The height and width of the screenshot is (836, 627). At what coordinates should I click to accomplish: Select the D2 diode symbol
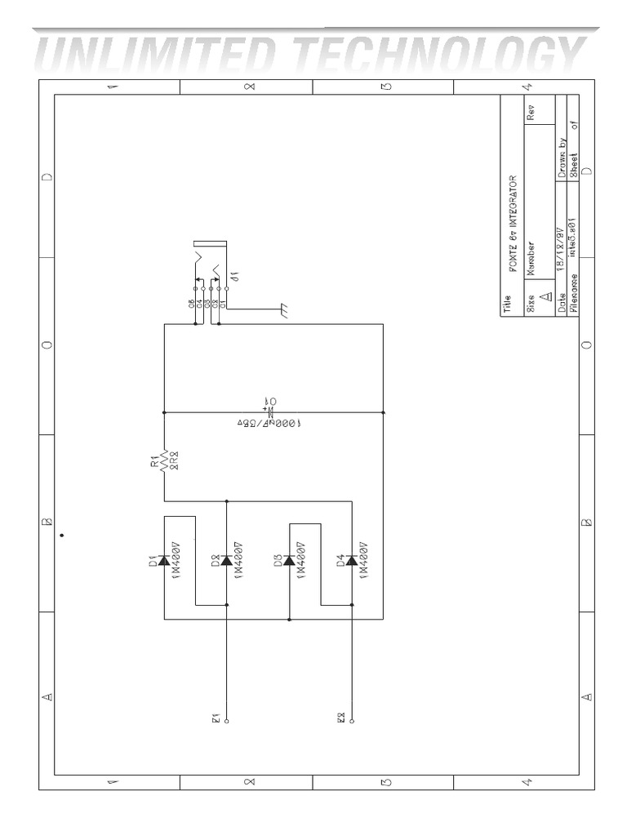point(225,561)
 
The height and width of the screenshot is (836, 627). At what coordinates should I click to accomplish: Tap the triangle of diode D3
point(288,561)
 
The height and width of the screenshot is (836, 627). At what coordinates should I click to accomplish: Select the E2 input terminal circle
point(352,721)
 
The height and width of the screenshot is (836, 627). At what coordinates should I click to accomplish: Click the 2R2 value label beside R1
point(175,463)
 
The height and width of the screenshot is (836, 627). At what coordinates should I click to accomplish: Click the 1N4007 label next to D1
point(175,561)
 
